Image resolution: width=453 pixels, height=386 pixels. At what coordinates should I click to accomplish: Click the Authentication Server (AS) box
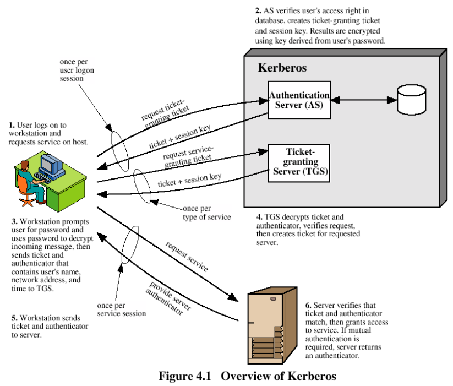coord(299,100)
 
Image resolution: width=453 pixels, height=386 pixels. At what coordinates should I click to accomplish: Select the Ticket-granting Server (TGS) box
coord(299,163)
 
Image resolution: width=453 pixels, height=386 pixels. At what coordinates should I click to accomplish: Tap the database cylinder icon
coord(411,100)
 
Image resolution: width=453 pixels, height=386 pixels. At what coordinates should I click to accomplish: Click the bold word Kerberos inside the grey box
coord(282,68)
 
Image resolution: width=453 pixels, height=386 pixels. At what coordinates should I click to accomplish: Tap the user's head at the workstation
coord(25,166)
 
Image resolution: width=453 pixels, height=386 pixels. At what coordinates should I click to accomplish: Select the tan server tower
coord(272,325)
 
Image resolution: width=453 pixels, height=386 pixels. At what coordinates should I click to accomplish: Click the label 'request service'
coord(187,257)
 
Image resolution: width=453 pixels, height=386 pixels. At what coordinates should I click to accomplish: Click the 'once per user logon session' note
coord(77,70)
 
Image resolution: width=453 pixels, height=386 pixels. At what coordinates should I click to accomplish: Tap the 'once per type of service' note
coord(206,213)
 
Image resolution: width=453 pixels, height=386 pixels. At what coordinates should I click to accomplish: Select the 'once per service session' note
coord(121,309)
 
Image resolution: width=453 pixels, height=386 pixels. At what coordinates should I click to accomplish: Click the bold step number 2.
coord(258,10)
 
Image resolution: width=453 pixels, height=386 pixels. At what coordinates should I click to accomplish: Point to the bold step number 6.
coord(308,306)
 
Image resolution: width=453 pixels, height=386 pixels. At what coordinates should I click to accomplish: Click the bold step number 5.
coord(14,318)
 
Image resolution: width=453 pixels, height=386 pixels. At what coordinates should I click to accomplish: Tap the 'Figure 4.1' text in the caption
coord(185,376)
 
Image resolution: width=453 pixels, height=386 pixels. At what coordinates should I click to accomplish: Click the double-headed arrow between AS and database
coord(364,100)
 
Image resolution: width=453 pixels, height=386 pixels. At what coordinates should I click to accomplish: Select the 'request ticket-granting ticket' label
coord(165,114)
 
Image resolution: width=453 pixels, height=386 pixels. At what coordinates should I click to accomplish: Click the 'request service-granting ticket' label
coord(188,156)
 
